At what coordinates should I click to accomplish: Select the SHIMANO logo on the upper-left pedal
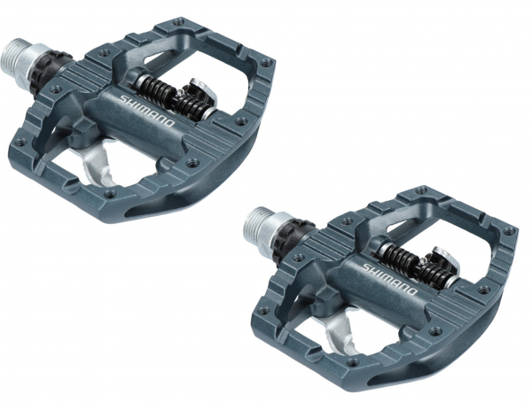pos(147,111)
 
